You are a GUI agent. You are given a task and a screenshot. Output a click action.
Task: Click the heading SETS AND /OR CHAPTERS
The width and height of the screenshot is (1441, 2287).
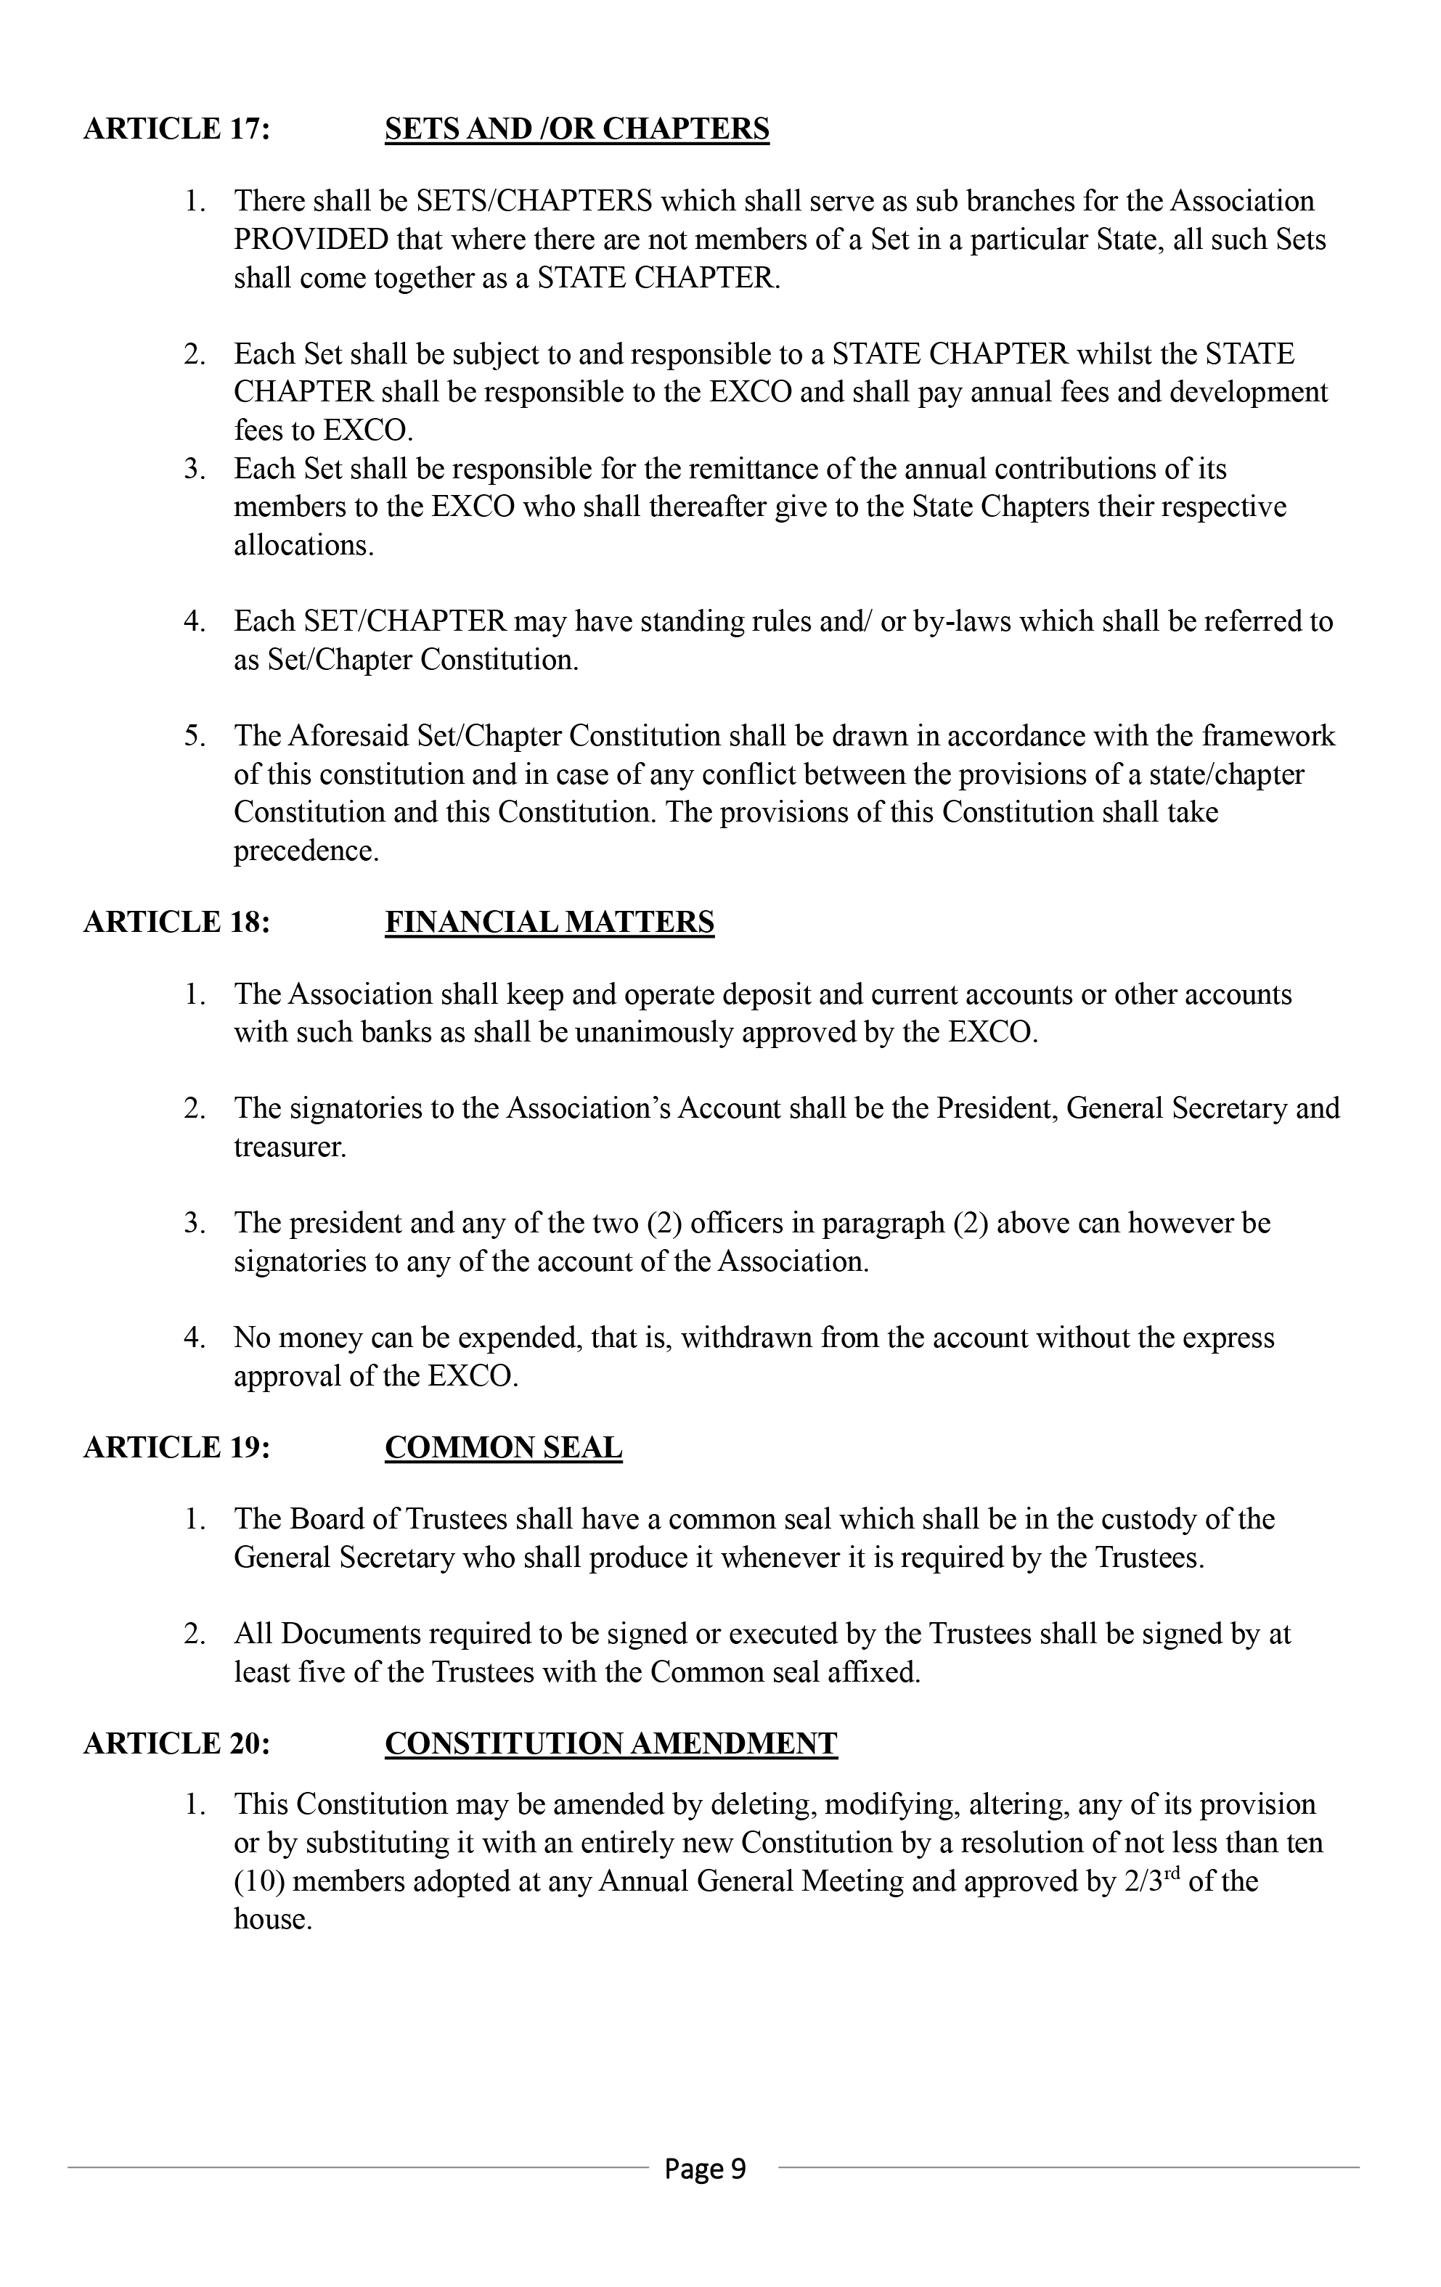tap(576, 129)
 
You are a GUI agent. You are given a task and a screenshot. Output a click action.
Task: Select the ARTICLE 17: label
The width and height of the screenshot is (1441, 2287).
tap(176, 129)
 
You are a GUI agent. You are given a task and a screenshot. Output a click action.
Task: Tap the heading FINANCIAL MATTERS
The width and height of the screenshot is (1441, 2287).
tap(549, 922)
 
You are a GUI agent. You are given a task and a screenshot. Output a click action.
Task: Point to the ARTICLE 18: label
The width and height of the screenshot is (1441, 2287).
tap(176, 922)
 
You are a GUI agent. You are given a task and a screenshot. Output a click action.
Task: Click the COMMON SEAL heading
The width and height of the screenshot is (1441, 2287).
tap(504, 1447)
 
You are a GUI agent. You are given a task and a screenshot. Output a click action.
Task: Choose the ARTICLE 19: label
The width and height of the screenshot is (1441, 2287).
tap(176, 1447)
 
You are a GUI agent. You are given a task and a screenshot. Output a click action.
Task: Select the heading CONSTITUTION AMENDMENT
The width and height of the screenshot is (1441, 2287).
tap(611, 1744)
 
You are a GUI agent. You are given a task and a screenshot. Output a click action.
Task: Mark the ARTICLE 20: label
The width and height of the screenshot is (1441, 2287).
tap(176, 1744)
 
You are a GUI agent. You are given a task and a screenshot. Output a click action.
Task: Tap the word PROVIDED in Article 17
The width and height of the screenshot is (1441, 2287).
tap(311, 240)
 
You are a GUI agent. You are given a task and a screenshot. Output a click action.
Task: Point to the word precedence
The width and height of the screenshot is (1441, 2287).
tap(306, 851)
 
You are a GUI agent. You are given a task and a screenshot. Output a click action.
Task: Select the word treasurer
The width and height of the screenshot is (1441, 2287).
tap(290, 1147)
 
